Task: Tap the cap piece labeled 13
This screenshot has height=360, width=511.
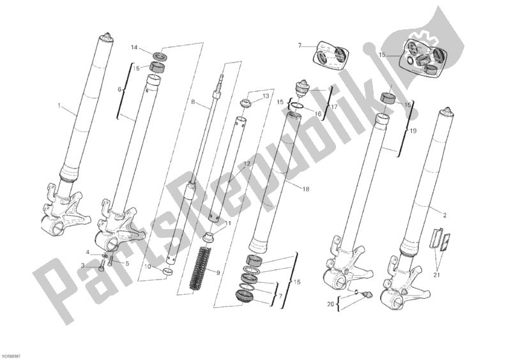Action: (245, 103)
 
